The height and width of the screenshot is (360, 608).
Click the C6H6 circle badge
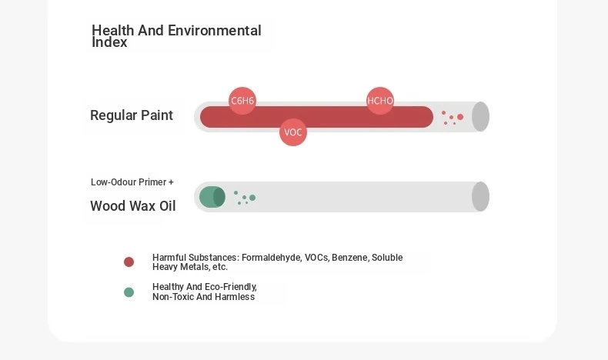click(x=242, y=101)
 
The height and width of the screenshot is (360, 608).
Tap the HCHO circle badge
click(x=380, y=101)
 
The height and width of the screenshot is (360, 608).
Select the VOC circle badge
click(x=293, y=132)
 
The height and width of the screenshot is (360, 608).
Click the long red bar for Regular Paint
click(x=316, y=117)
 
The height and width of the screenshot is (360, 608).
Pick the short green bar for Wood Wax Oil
click(x=212, y=197)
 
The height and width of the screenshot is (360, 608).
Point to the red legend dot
click(x=129, y=262)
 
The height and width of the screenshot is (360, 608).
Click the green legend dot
click(x=129, y=292)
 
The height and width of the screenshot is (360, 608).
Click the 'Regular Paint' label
click(x=132, y=115)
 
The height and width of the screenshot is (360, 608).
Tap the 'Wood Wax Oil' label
click(x=133, y=206)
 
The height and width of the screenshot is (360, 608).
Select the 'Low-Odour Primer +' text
click(x=132, y=182)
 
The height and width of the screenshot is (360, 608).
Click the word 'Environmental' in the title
click(x=215, y=30)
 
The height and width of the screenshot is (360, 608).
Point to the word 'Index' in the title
click(x=109, y=42)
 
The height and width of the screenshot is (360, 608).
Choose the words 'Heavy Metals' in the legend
click(x=180, y=267)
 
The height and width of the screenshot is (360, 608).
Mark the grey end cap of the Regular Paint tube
click(x=480, y=117)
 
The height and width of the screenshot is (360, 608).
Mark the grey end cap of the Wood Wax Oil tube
click(x=480, y=196)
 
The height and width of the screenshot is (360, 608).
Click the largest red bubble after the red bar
click(x=460, y=117)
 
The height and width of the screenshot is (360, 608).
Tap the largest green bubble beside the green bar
click(x=252, y=198)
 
